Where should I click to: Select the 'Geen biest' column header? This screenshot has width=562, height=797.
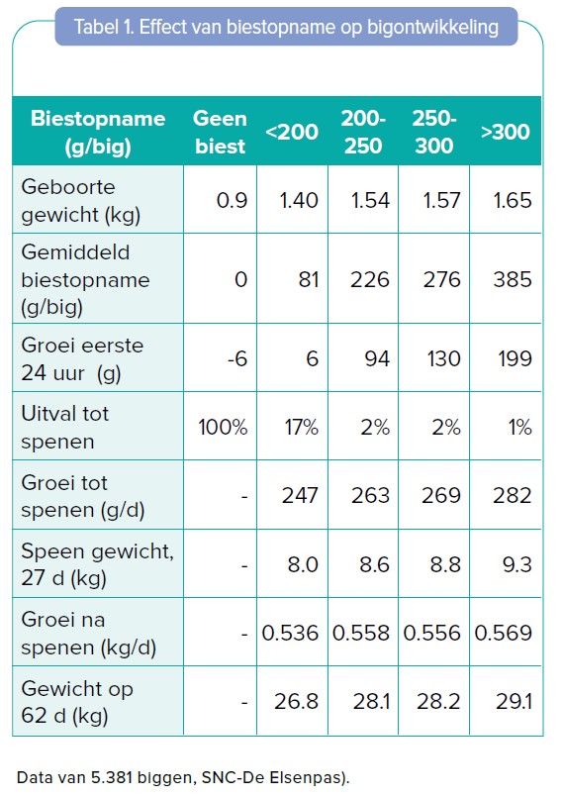point(220,132)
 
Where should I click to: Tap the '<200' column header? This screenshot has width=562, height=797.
point(292,132)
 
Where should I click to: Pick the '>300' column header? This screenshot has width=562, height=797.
point(505,132)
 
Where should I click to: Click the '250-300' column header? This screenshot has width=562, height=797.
point(434,132)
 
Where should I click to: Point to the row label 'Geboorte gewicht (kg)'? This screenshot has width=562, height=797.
point(81,200)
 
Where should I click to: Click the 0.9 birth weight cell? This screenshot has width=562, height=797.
point(232,200)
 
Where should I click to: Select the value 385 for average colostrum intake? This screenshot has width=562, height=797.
point(513,279)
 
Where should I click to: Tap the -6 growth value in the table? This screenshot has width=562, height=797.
point(237,358)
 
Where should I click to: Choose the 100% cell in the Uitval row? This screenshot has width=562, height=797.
point(223,427)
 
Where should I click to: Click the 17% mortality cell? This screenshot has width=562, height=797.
point(302,427)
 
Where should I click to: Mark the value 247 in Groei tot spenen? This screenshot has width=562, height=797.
point(300,496)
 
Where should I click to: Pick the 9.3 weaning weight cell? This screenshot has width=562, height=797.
point(516,564)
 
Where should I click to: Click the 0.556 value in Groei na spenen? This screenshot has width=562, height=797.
point(432,633)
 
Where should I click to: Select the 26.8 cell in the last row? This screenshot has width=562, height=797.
point(296,701)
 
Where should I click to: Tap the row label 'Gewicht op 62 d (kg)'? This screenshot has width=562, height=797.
point(77,702)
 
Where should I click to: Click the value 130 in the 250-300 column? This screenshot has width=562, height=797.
point(443,358)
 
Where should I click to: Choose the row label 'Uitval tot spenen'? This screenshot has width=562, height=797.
point(65,427)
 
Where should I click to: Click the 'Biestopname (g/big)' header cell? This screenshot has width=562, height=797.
point(98,132)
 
